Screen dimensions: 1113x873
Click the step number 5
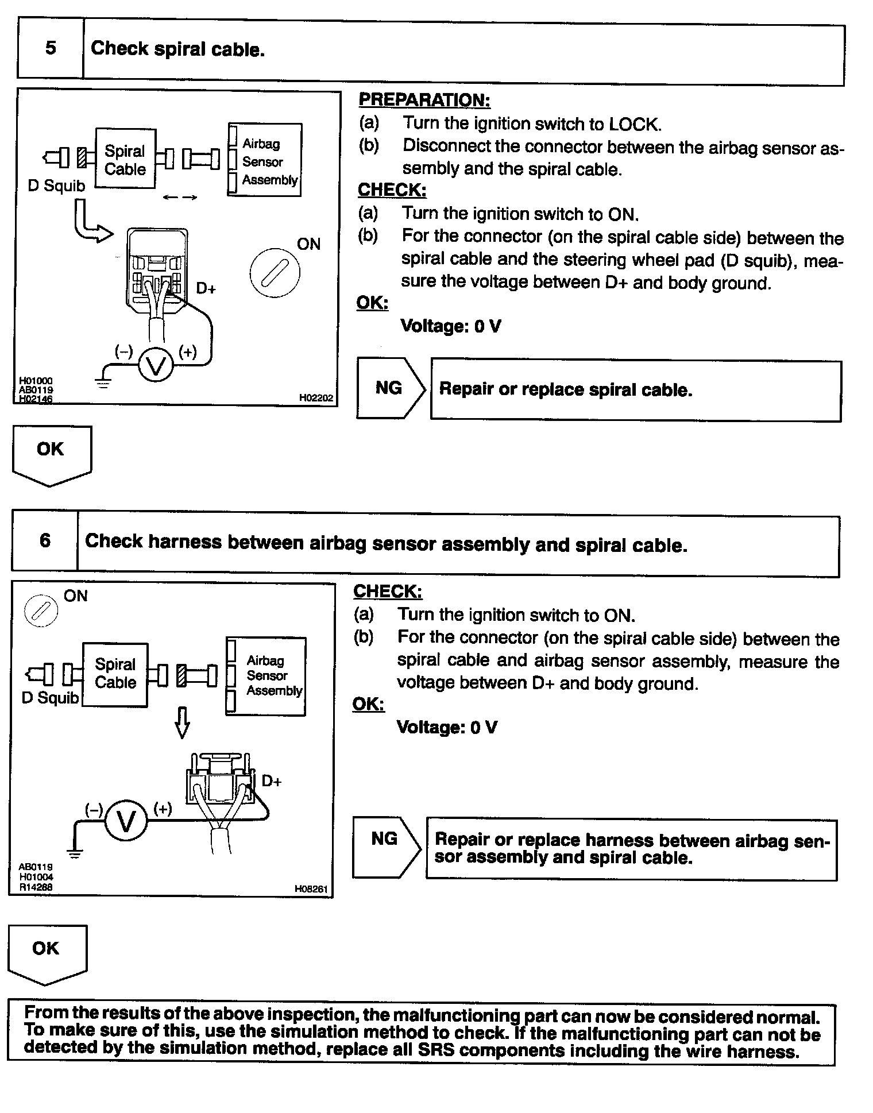click(51, 48)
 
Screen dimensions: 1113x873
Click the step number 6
click(45, 540)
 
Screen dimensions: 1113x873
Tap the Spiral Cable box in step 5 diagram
click(125, 159)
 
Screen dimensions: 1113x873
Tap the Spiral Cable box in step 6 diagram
click(115, 674)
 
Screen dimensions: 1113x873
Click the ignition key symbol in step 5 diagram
click(275, 273)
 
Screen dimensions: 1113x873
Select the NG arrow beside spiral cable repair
click(390, 388)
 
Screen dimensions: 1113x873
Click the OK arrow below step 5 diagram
click(51, 453)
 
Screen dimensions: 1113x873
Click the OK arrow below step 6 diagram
click(47, 953)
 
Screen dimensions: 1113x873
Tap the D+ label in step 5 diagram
click(206, 288)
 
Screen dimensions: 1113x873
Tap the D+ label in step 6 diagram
click(271, 781)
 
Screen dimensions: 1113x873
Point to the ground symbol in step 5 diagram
click(103, 381)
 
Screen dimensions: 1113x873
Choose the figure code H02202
click(316, 397)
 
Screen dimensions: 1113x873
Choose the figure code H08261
click(311, 889)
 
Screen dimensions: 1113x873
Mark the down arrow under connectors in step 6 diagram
click(182, 722)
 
